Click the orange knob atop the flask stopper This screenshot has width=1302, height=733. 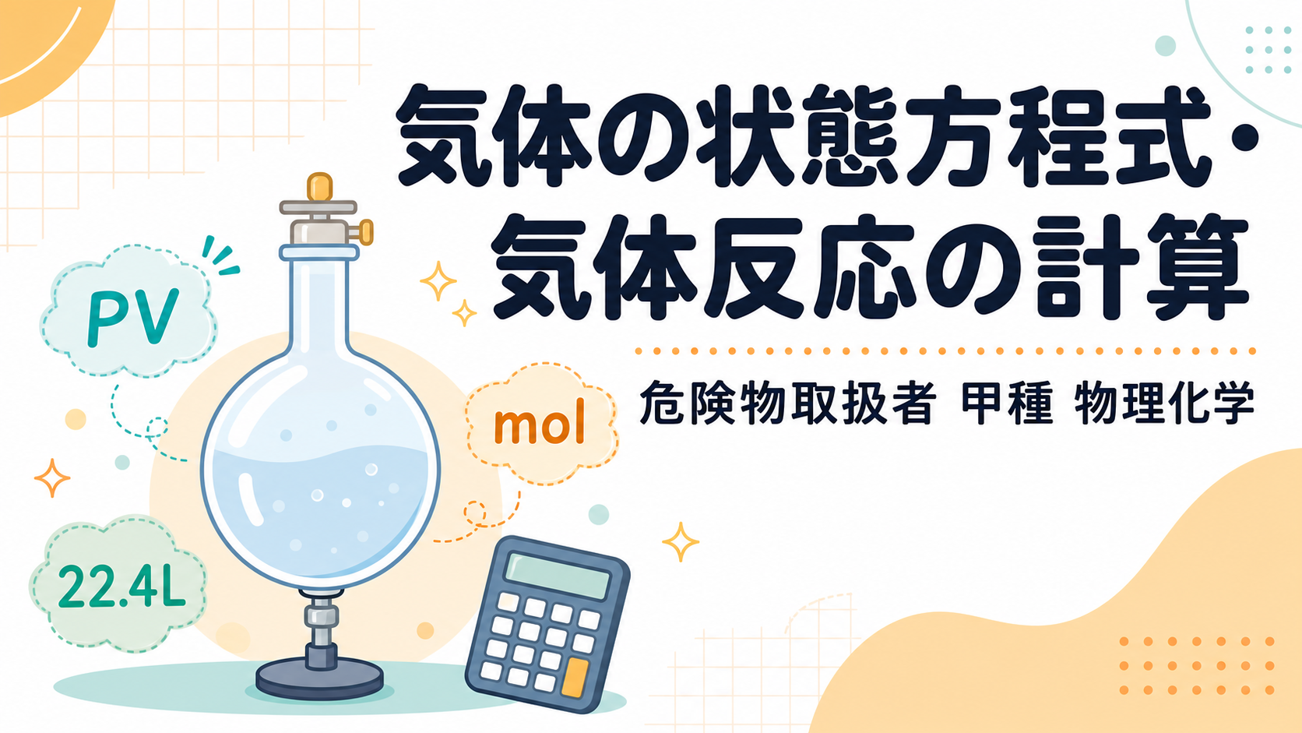tap(319, 187)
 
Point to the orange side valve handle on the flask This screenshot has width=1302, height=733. tap(366, 232)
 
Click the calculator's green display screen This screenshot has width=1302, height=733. tap(557, 575)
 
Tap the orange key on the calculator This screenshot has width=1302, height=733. tap(574, 678)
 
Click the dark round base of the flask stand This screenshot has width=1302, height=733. tap(320, 679)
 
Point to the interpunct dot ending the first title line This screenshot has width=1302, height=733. tap(1240, 139)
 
